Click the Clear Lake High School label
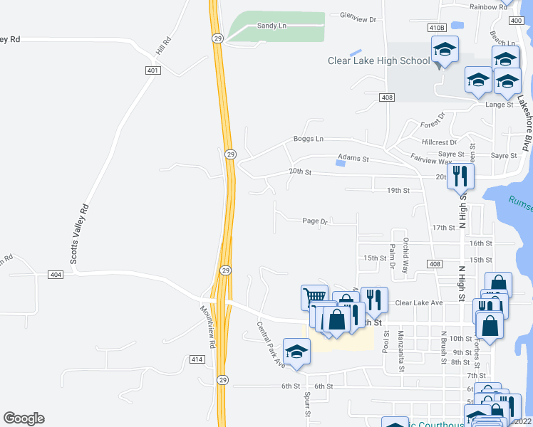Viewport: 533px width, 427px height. (378, 60)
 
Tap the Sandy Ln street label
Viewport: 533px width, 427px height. (271, 26)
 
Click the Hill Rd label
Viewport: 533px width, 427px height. (165, 48)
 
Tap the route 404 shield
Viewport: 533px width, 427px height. (56, 274)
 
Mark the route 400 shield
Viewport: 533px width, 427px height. (517, 22)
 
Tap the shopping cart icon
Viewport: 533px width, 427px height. (314, 295)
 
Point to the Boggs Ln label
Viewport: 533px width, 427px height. (309, 139)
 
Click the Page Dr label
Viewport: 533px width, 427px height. (314, 221)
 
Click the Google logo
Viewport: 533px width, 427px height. (24, 418)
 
